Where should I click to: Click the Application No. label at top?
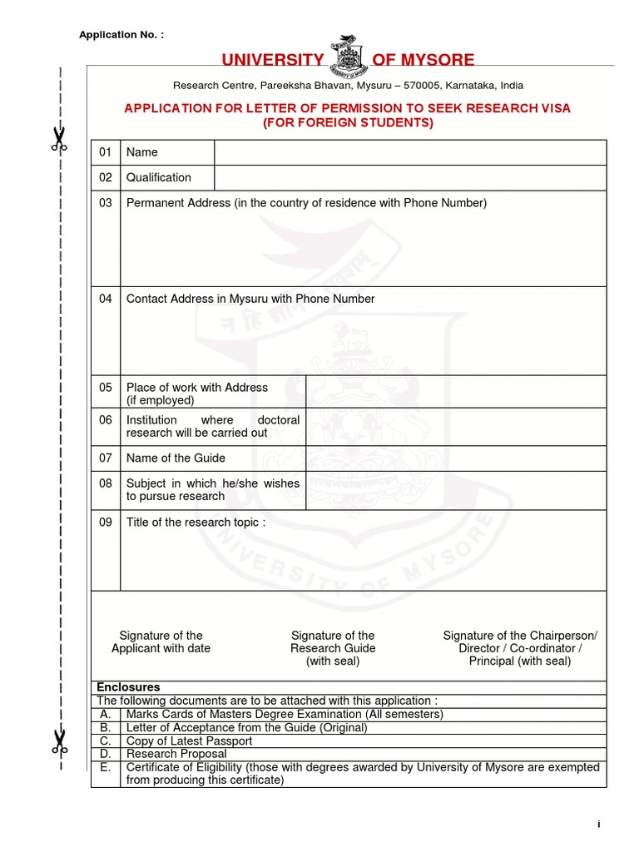pos(121,34)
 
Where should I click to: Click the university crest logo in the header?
pos(347,55)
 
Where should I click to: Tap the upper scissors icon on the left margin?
pos(58,139)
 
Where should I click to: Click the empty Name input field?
pos(410,152)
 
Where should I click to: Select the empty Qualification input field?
pos(410,178)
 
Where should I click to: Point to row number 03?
pos(105,203)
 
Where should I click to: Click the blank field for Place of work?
pos(456,392)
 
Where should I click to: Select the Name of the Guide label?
pos(176,458)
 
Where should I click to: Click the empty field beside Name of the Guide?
pos(456,458)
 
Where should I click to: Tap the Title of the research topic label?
pos(196,523)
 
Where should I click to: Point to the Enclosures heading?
pos(128,687)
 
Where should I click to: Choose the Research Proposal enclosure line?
pos(176,754)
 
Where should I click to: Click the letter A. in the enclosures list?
pos(105,714)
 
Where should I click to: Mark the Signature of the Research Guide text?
pos(333,648)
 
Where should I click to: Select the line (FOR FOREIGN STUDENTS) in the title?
pos(348,123)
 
